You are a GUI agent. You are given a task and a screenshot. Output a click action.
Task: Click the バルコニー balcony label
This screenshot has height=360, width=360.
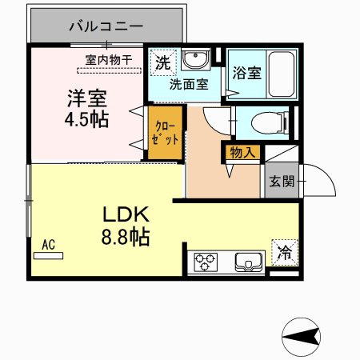(x=106, y=26)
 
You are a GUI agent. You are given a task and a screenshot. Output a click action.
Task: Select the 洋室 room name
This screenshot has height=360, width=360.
(x=87, y=101)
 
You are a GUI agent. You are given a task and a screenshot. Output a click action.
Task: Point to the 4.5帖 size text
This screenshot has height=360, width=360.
(x=87, y=120)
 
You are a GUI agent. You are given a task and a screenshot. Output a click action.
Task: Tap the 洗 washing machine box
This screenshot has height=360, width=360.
(x=162, y=62)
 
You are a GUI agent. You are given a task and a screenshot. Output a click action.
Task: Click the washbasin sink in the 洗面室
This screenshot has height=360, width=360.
(x=195, y=60)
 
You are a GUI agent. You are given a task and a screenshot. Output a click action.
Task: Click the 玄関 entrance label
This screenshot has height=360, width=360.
(x=281, y=182)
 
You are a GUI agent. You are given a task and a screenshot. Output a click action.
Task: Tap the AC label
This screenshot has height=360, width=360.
(x=48, y=246)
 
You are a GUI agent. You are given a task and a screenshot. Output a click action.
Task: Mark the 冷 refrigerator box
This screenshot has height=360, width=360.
(x=285, y=251)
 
